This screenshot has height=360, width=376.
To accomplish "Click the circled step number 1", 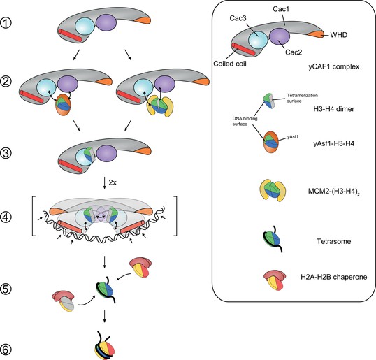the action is pyautogui.click(x=6, y=23).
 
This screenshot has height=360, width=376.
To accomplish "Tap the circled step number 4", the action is pyautogui.click(x=6, y=217).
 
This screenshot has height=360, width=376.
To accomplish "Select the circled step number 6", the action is pyautogui.click(x=6, y=350).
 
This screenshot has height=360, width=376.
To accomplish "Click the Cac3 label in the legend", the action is pyautogui.click(x=238, y=18).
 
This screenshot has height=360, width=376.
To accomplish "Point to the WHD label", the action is pyautogui.click(x=338, y=35).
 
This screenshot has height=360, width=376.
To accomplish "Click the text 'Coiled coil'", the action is pyautogui.click(x=230, y=64).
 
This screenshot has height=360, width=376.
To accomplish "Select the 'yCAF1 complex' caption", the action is pyautogui.click(x=334, y=66).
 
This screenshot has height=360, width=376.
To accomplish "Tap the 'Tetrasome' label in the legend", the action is pyautogui.click(x=334, y=241).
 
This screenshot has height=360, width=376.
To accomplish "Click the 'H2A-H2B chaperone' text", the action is pyautogui.click(x=334, y=277).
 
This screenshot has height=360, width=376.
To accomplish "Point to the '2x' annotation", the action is pyautogui.click(x=113, y=182).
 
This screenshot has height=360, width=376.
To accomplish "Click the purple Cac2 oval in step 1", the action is pyautogui.click(x=106, y=22).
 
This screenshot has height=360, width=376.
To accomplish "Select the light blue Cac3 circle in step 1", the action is pyautogui.click(x=85, y=27).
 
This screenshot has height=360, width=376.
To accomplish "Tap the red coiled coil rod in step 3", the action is pyautogui.click(x=71, y=166).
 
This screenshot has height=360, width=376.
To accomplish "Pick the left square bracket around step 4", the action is pyautogui.click(x=34, y=216).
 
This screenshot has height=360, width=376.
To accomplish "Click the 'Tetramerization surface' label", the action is pyautogui.click(x=302, y=98).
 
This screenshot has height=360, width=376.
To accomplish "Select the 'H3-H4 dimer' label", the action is pyautogui.click(x=334, y=109).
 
